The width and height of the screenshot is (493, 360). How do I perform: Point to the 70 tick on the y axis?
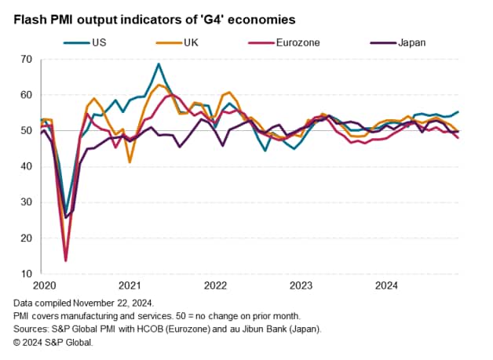pos(26,60)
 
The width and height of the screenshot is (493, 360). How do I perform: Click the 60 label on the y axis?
pos(26,95)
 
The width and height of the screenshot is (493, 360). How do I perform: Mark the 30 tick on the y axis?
pos(26,202)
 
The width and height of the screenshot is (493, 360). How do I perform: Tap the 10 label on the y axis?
pos(26,274)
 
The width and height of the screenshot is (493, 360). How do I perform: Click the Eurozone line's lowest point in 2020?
pos(65,260)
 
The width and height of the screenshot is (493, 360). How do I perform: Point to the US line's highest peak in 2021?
pos(159,64)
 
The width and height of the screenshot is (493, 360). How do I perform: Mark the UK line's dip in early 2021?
pos(130,162)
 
